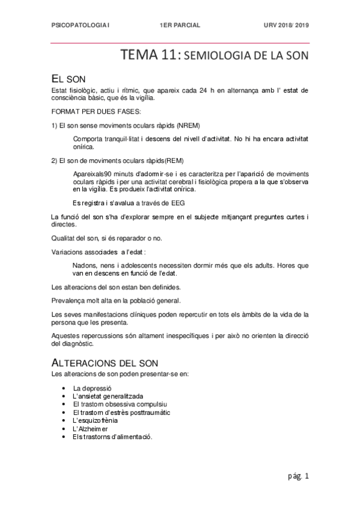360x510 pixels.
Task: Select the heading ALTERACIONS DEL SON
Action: [x=106, y=364]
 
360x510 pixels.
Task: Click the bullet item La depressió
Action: [x=92, y=389]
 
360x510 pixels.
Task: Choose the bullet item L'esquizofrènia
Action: [x=95, y=420]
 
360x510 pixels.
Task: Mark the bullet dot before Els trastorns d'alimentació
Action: [x=64, y=437]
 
